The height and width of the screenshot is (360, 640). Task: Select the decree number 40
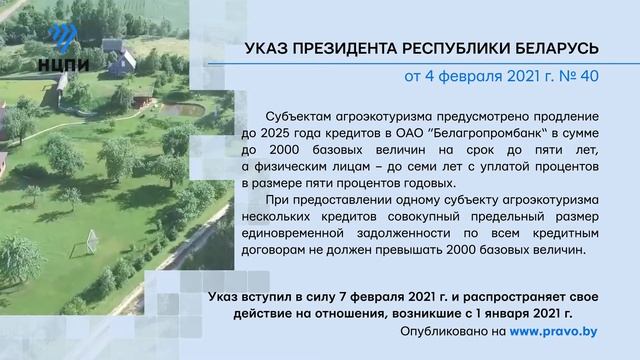[x=588, y=77]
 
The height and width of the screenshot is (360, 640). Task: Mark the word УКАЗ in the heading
[x=267, y=49]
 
